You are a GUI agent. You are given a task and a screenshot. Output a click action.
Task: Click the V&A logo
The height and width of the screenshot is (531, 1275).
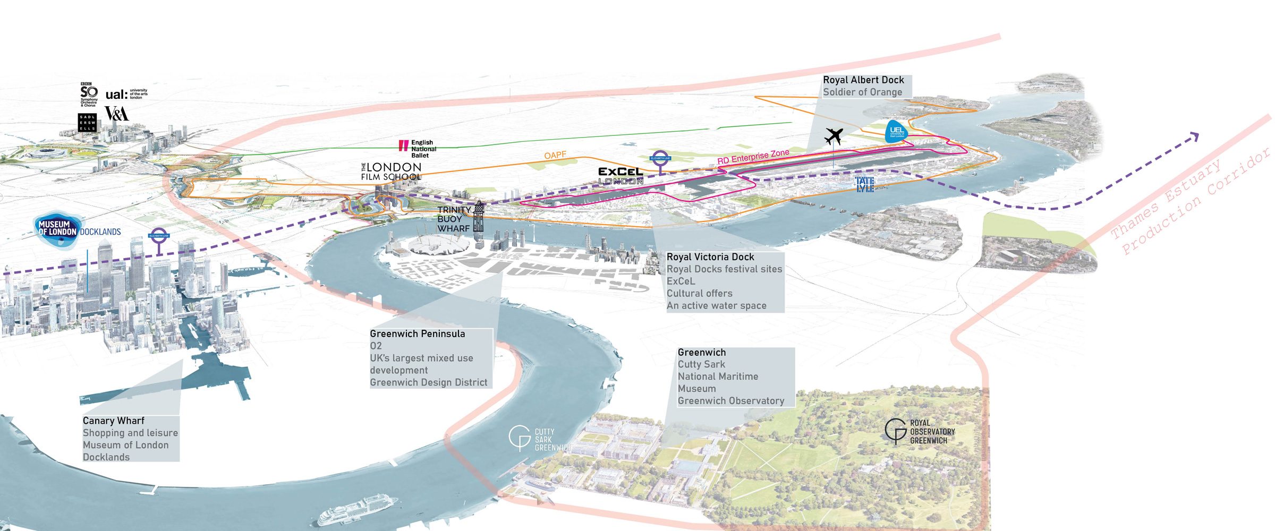116,114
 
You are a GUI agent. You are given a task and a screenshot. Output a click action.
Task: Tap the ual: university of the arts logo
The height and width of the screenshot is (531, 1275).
126,94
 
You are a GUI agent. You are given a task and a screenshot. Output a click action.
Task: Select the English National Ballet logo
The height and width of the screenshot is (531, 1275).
418,149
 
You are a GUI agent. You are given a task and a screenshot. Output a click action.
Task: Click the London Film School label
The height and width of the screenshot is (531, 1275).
391,171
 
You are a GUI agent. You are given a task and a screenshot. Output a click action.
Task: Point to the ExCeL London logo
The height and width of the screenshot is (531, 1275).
620,176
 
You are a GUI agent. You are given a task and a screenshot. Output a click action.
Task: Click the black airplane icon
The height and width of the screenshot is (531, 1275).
834,136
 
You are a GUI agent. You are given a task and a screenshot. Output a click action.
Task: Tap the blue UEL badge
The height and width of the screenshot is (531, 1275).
896,131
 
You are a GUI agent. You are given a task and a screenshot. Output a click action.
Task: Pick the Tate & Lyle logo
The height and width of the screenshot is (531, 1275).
864,184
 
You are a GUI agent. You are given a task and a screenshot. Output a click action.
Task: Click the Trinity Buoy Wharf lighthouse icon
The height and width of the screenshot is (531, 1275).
479,217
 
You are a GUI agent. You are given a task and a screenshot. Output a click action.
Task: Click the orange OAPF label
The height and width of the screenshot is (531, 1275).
555,155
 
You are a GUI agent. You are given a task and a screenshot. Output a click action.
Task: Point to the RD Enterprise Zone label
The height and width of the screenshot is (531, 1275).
753,157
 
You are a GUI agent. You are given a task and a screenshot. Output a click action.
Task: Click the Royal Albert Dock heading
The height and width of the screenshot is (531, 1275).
863,80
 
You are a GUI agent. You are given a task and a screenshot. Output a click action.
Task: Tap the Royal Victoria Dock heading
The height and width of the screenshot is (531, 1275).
710,257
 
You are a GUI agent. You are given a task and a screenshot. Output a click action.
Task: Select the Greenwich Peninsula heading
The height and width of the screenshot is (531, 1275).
417,334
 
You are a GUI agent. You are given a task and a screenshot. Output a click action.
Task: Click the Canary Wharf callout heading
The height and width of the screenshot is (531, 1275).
113,421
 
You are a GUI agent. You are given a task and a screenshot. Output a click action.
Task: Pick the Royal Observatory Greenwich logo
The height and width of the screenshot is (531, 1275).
920,431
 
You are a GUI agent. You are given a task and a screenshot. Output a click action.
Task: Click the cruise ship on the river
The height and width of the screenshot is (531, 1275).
358,509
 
